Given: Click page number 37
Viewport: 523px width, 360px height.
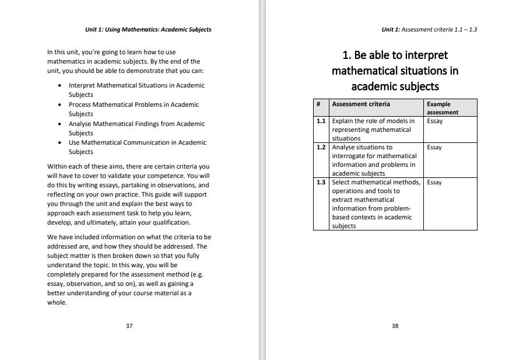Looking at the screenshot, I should pos(129,326).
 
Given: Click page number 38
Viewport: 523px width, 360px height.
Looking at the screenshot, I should pos(395,326).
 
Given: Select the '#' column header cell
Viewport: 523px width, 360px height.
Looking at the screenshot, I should pos(319,104).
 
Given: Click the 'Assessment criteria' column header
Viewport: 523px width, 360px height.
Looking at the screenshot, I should pos(361,104).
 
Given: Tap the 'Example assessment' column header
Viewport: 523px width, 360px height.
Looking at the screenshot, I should pos(443,108).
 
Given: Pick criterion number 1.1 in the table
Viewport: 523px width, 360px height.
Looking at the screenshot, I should pos(321,121).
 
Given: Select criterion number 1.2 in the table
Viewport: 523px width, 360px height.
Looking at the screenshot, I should pos(321,148).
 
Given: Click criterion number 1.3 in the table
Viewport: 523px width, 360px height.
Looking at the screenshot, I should pos(321,183).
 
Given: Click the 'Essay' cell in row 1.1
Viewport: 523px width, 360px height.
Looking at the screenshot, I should pos(434,121).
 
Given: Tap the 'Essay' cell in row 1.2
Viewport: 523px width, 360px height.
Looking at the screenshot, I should pos(434,148).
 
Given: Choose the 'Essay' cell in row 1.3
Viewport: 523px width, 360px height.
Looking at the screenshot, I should pos(434,183).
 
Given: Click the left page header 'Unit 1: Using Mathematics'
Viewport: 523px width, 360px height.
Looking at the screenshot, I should pos(148,29).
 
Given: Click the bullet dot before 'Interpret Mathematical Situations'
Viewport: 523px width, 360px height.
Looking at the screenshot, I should pos(61,86).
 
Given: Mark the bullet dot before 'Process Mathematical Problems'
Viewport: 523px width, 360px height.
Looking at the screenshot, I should pos(61,105).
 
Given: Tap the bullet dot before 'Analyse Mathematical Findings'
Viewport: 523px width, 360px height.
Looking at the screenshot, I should pos(61,124).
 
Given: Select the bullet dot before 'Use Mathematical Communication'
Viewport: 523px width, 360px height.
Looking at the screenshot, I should pos(61,143).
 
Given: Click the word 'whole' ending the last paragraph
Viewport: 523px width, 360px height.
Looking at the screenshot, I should pos(56,302).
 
